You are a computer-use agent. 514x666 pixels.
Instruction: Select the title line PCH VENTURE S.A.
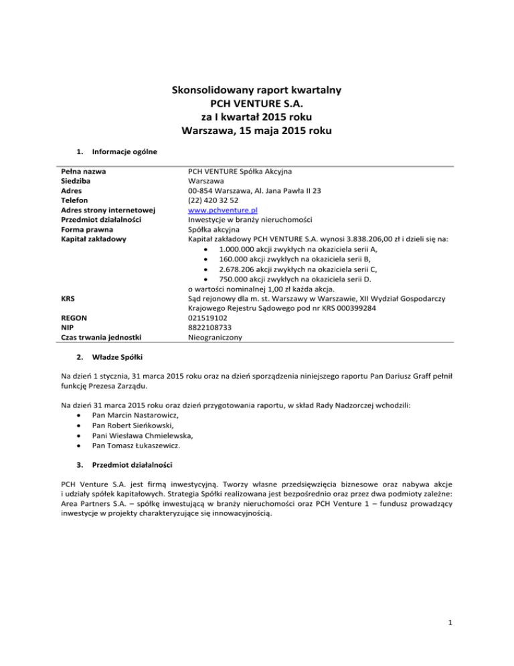click(257, 105)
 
